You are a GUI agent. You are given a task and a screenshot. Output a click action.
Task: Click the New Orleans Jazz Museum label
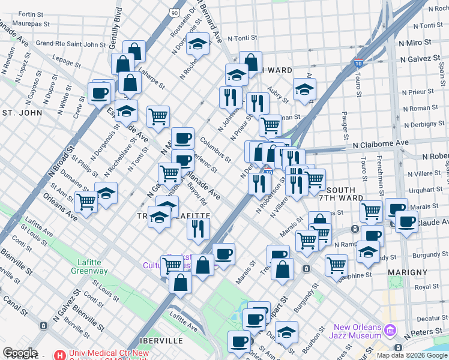click(357, 331)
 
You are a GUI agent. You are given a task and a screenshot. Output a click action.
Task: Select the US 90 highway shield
click(174, 12)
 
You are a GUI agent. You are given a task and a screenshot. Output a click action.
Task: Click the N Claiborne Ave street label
click(381, 143)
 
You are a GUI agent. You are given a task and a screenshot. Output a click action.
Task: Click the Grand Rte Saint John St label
click(71, 43)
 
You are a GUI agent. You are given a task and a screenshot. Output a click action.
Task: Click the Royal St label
click(427, 287)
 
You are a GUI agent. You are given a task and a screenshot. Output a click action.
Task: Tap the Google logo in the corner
click(20, 352)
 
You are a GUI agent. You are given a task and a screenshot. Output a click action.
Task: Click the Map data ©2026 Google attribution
click(411, 355)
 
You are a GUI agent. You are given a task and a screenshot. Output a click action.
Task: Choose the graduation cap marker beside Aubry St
click(305, 89)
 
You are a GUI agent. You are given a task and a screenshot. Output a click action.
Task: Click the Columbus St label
click(215, 150)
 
